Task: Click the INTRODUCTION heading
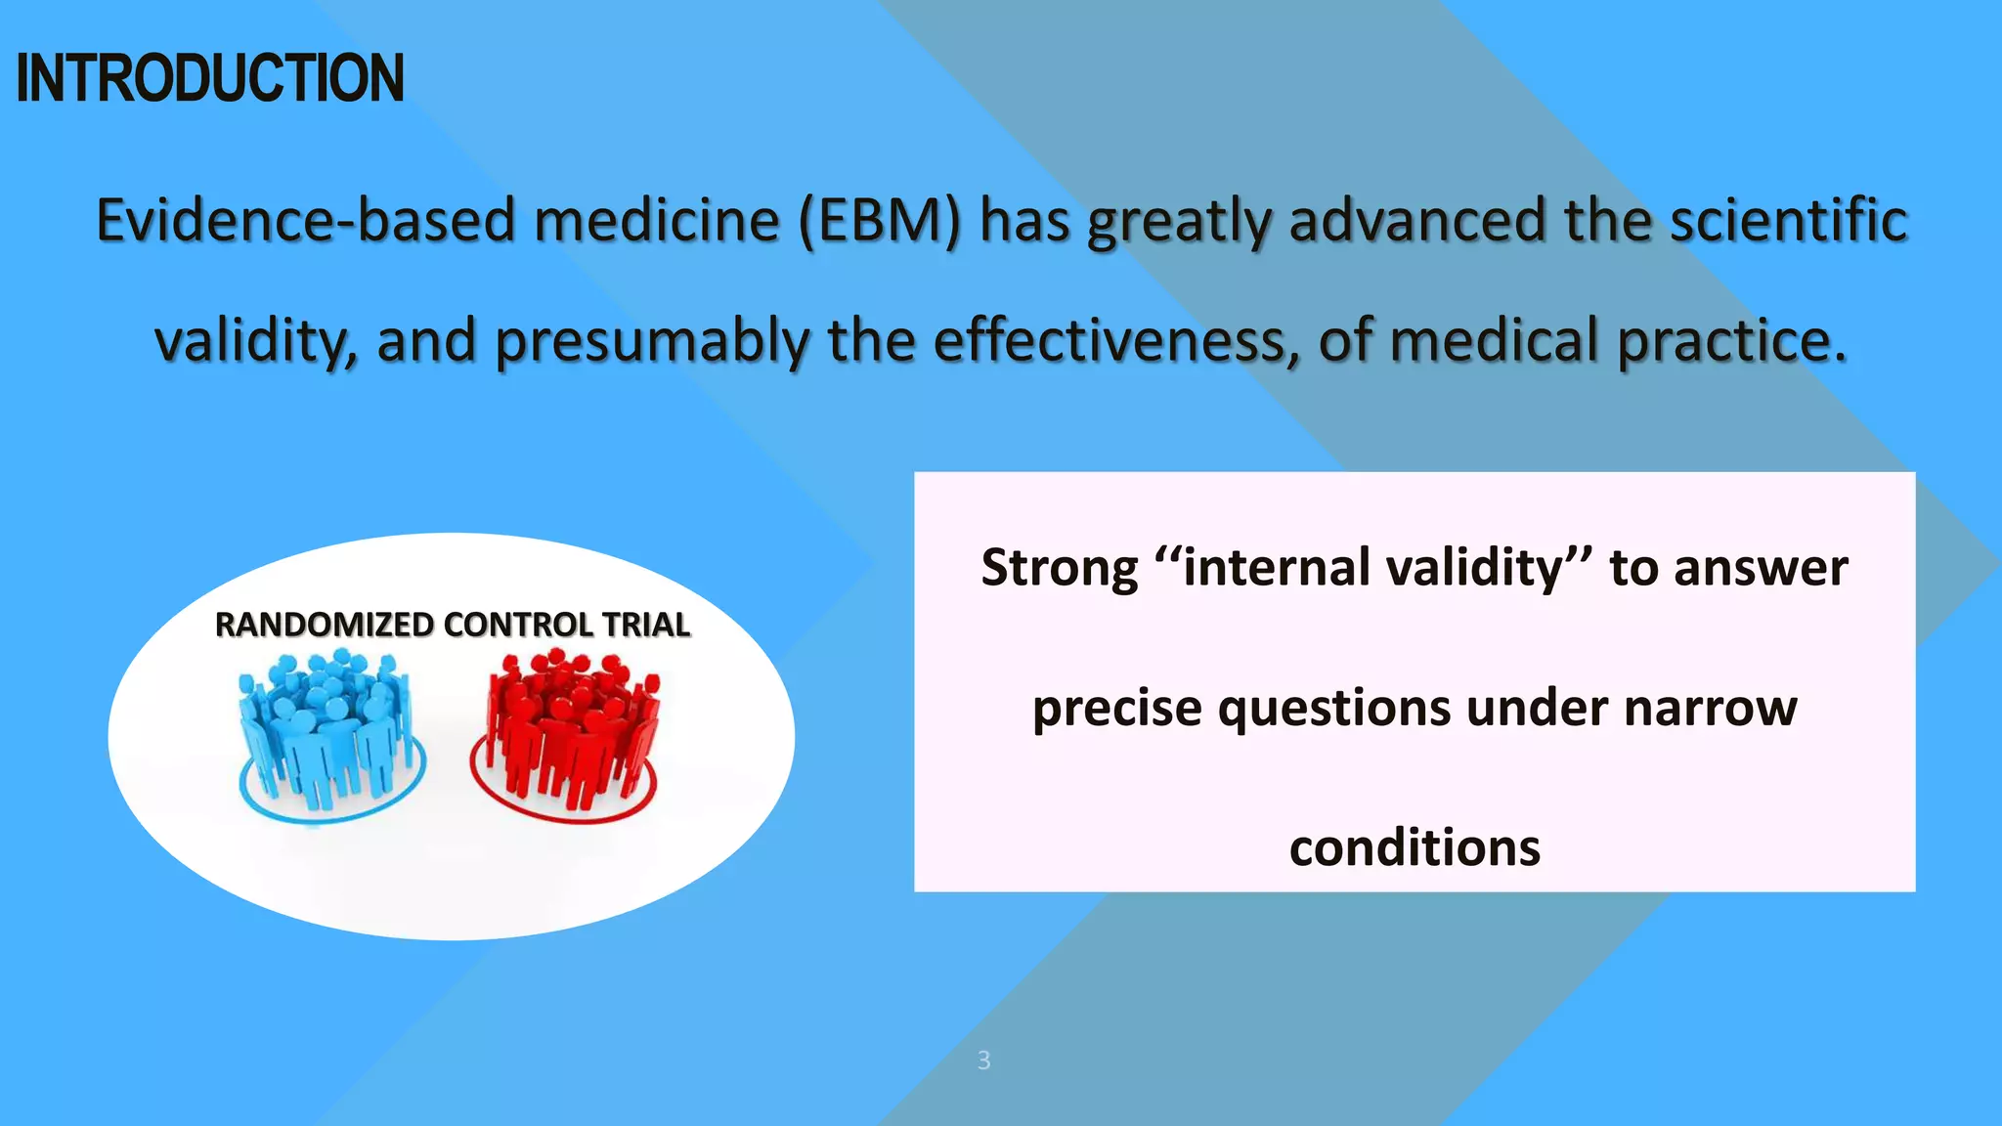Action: pos(210,78)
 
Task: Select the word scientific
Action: pos(1788,220)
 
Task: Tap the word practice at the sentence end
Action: pos(1731,341)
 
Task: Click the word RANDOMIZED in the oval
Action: pos(325,625)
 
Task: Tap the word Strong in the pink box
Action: pos(1060,568)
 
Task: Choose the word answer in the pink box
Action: pos(1760,568)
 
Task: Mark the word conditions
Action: pos(1414,847)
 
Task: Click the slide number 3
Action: pos(983,1061)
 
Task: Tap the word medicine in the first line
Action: pos(656,220)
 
